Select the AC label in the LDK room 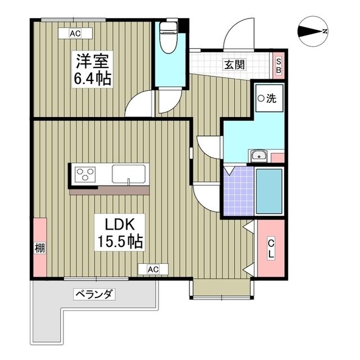[x=153, y=269]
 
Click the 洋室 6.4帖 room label [x=92, y=69]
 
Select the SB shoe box [x=278, y=65]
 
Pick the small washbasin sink [x=258, y=156]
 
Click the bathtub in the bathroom [x=269, y=191]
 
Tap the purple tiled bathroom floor [x=238, y=191]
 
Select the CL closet [x=271, y=248]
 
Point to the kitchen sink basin [x=129, y=174]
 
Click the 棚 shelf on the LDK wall [x=40, y=247]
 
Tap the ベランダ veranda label [x=94, y=294]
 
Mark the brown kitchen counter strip [x=109, y=191]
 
